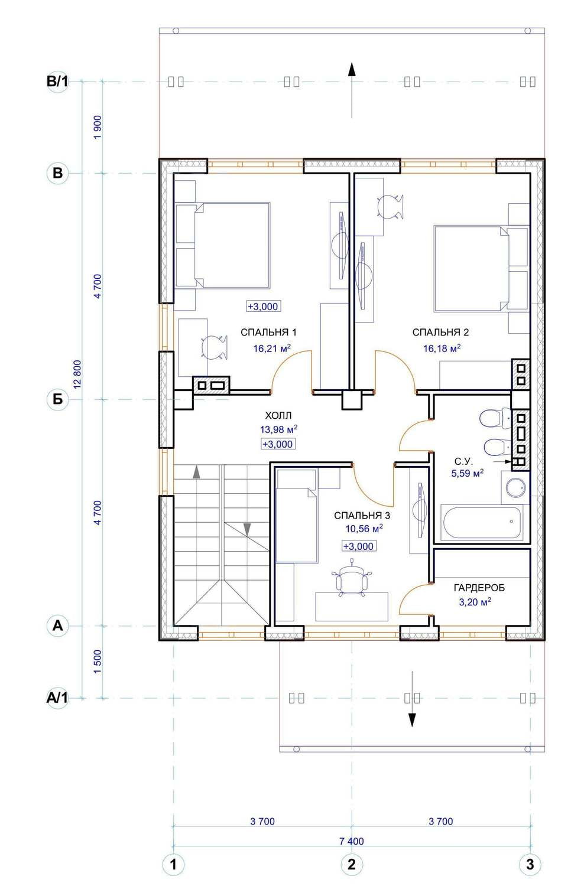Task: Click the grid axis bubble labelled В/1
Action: [x=57, y=82]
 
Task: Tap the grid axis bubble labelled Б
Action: [x=58, y=399]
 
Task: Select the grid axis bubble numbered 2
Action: [x=351, y=864]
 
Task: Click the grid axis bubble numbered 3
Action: [x=530, y=864]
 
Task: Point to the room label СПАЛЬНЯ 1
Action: [x=268, y=332]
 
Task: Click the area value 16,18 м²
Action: [x=442, y=348]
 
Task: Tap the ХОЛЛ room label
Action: [x=278, y=415]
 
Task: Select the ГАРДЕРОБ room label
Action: [x=479, y=588]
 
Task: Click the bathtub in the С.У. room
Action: [x=482, y=523]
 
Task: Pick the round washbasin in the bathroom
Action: [x=517, y=488]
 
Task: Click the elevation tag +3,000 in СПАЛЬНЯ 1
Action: [x=263, y=306]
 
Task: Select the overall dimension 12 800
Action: [x=77, y=374]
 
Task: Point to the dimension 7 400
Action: [x=351, y=841]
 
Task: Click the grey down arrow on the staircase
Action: [x=247, y=529]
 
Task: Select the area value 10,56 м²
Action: [x=364, y=529]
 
